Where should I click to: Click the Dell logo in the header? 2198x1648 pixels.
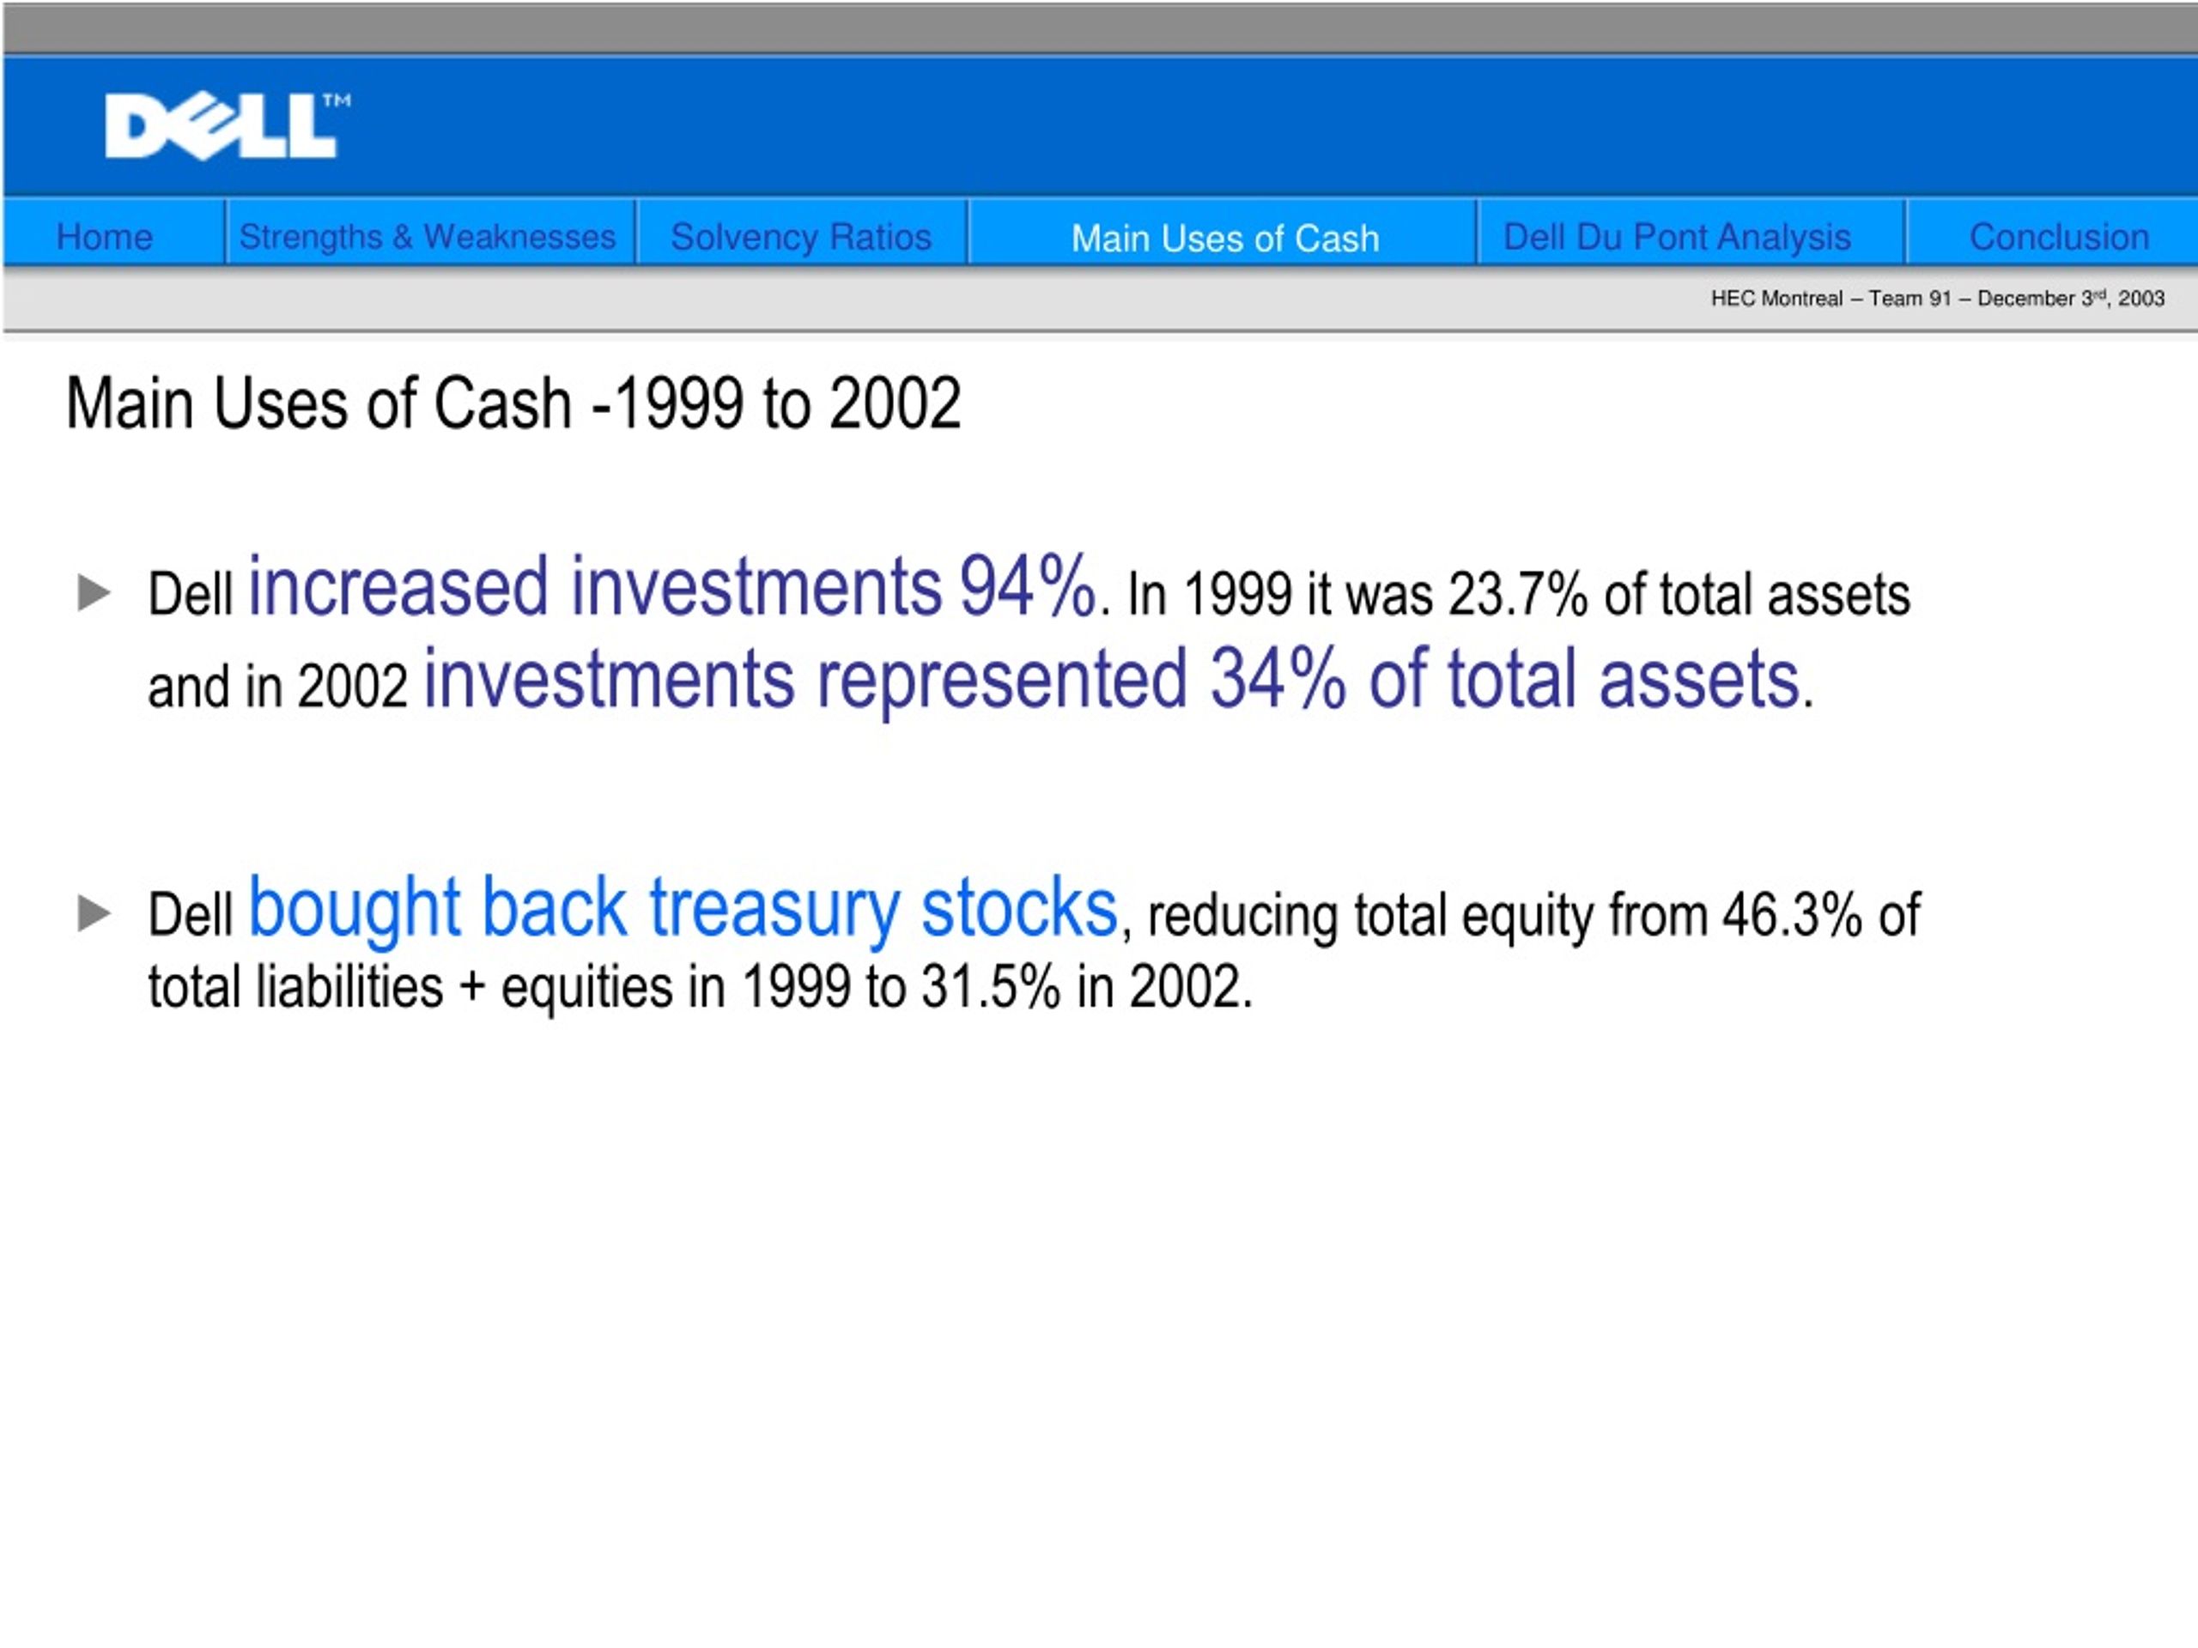pos(228,126)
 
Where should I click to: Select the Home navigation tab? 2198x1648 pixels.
pos(105,236)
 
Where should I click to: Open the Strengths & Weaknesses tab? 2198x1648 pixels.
pos(428,236)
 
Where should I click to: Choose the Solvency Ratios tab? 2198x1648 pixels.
pos(801,236)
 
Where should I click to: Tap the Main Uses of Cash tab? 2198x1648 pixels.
pos(1224,239)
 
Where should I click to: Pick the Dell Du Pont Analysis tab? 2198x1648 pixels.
pos(1676,236)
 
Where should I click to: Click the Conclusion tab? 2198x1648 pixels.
pos(2059,236)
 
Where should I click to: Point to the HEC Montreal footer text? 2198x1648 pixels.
pos(1937,298)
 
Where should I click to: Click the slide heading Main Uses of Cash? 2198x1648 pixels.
pos(513,403)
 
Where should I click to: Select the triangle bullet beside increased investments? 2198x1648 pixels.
pos(94,593)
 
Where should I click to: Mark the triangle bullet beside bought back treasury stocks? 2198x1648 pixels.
pos(94,913)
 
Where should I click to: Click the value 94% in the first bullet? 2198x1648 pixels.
pos(1028,586)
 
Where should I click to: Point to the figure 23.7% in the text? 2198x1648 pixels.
pos(1517,595)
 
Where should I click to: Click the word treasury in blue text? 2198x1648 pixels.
pos(774,908)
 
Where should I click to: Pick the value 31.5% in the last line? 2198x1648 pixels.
pos(991,987)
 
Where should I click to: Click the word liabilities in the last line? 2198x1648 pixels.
pos(349,986)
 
